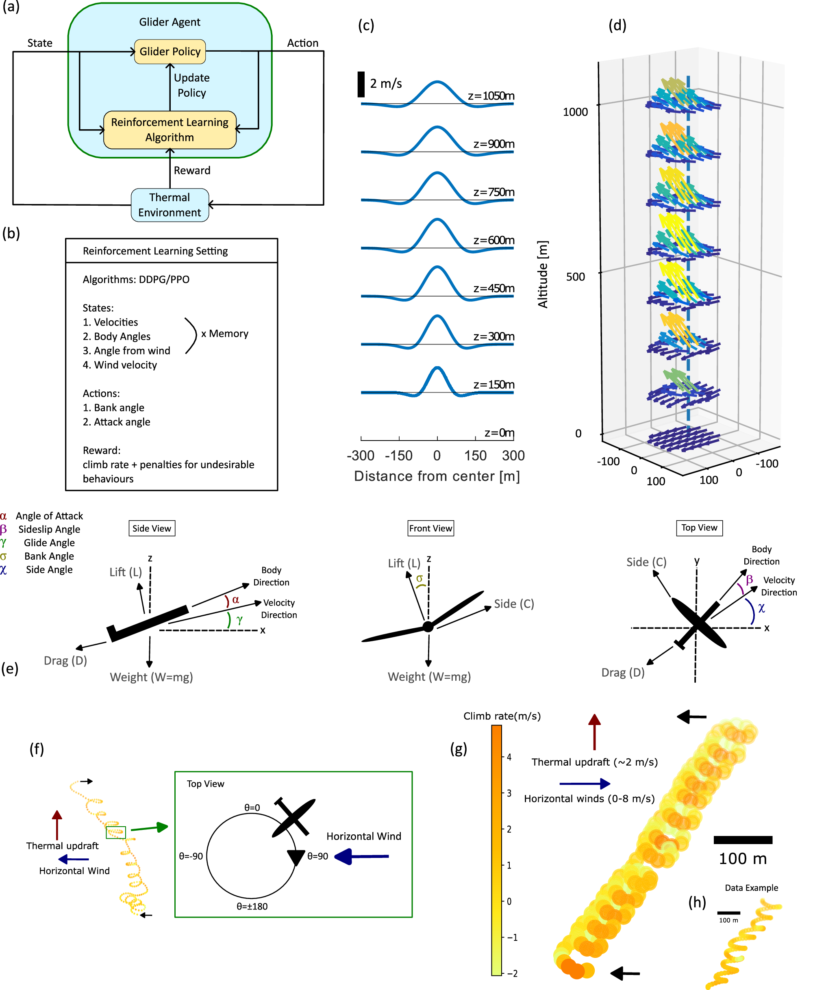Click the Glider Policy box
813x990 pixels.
point(170,52)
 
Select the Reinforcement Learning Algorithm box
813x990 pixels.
point(170,130)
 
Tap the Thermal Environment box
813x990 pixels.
point(170,205)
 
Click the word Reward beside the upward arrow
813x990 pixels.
point(192,170)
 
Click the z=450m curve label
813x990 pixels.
point(493,288)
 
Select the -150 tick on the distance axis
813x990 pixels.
point(398,456)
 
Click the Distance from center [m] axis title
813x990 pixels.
point(437,476)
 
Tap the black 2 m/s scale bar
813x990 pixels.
point(361,84)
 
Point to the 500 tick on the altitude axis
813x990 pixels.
point(576,277)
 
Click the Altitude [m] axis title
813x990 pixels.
point(542,274)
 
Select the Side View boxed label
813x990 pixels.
point(152,528)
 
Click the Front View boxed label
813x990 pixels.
point(430,528)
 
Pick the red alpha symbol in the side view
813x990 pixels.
point(235,599)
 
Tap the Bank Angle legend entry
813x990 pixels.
point(49,556)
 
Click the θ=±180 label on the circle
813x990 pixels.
point(252,906)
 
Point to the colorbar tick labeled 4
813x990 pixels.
point(509,757)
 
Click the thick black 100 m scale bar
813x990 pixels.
point(743,840)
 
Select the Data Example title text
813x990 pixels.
point(751,888)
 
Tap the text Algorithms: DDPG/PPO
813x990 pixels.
point(136,280)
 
